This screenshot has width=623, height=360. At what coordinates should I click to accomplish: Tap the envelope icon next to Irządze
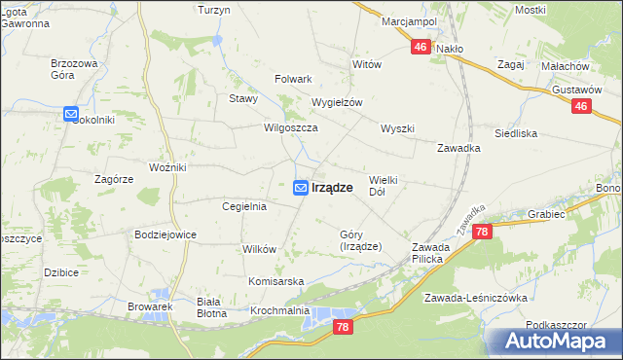click(x=302, y=188)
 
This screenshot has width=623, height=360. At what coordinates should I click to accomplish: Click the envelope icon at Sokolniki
click(x=71, y=115)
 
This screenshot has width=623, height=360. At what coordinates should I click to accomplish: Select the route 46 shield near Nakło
click(x=421, y=47)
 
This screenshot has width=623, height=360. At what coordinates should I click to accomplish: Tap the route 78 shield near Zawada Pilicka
click(x=482, y=232)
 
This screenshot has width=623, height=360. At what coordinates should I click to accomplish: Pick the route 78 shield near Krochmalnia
click(x=341, y=328)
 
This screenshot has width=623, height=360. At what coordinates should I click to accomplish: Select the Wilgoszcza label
click(x=286, y=127)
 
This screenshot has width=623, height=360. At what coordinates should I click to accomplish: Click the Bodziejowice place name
click(x=165, y=234)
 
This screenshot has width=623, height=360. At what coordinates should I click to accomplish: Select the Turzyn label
click(x=213, y=10)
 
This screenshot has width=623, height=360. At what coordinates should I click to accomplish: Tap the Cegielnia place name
click(x=244, y=206)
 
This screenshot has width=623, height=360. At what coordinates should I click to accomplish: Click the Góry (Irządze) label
click(x=360, y=240)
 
